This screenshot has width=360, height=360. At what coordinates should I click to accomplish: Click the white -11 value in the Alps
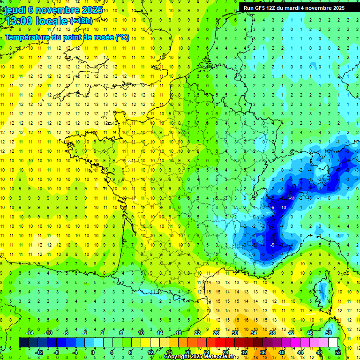292,198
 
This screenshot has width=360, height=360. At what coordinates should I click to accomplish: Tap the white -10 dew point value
283,207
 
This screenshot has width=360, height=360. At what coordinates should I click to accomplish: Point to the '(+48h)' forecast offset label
81,21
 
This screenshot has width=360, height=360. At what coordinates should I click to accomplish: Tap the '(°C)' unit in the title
122,37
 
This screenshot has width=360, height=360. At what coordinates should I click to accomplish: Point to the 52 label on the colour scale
338,352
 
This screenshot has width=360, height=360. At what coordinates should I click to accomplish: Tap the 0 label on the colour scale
93,352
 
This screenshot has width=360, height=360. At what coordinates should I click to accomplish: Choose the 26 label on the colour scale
216,333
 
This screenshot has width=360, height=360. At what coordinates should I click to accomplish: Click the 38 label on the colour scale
272,333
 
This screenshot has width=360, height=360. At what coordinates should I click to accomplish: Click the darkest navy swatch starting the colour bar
23,343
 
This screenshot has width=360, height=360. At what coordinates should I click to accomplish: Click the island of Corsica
322,291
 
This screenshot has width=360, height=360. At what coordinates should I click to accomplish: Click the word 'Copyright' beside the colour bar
178,357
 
